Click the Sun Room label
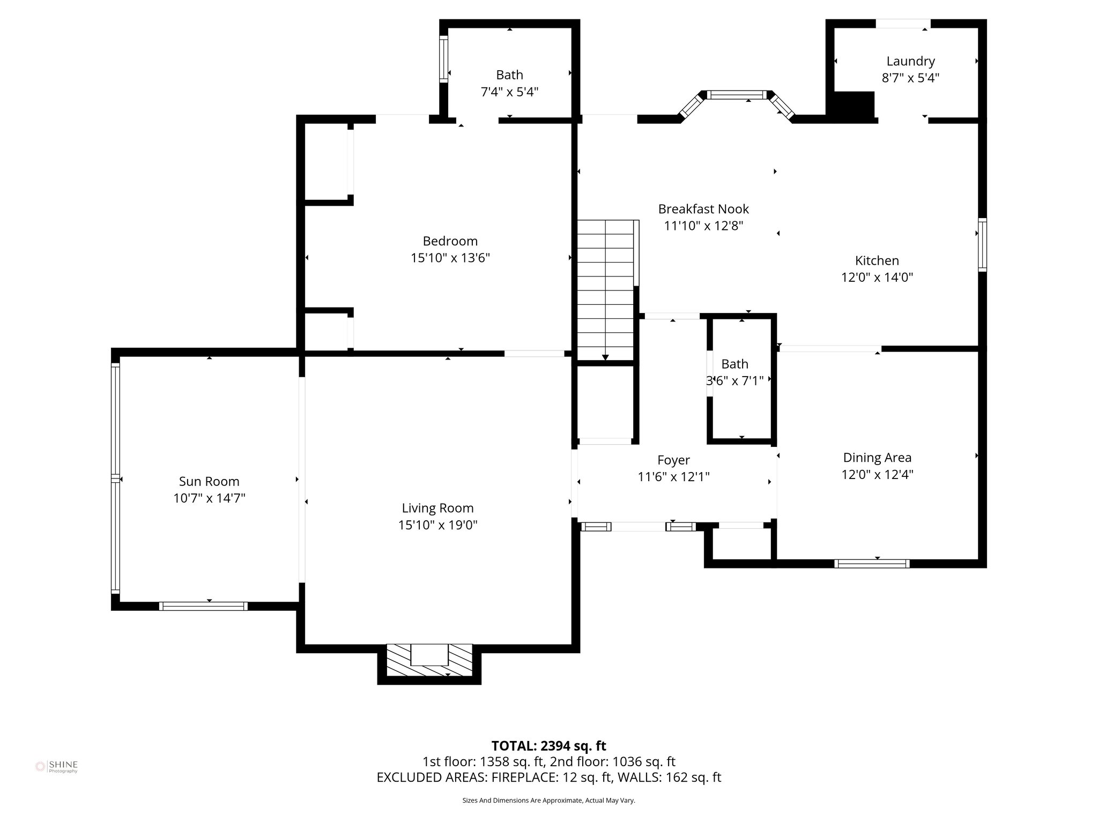(x=209, y=481)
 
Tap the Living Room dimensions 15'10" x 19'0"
(x=437, y=525)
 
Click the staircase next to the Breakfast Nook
(x=605, y=289)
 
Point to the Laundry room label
(x=910, y=61)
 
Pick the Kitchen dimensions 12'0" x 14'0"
(x=877, y=278)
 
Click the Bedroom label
(x=450, y=241)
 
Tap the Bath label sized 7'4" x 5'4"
(x=509, y=75)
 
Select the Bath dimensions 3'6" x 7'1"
(x=735, y=381)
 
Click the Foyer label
(x=673, y=460)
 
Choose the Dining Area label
(x=877, y=458)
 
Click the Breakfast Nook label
(x=703, y=209)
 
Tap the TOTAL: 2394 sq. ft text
(x=548, y=746)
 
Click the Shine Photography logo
(x=56, y=767)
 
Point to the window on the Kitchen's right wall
(x=982, y=244)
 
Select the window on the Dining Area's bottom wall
(x=872, y=563)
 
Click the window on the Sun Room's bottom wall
(x=203, y=606)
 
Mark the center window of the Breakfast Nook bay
(x=737, y=95)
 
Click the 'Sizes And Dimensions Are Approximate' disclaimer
(x=548, y=800)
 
